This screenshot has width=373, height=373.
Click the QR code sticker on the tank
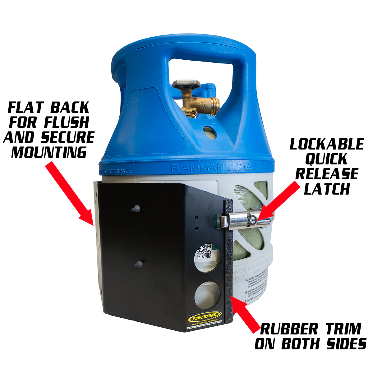pyautogui.click(x=205, y=251)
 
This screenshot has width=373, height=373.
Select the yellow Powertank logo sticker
pyautogui.click(x=205, y=318)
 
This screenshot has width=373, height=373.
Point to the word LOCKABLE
pyautogui.click(x=327, y=144)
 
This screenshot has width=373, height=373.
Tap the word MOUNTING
pyautogui.click(x=49, y=152)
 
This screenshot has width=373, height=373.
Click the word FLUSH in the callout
pyautogui.click(x=67, y=122)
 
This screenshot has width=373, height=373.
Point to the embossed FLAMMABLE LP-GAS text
pyautogui.click(x=214, y=168)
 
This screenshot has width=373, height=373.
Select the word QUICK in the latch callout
pyautogui.click(x=326, y=159)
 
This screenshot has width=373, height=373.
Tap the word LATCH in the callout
pyautogui.click(x=327, y=189)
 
